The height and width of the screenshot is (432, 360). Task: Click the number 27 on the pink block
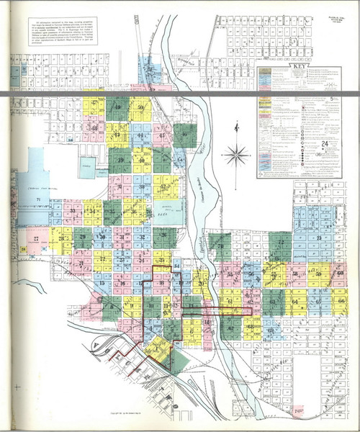tap(35, 238)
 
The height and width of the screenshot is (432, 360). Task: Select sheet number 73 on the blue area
tap(318, 238)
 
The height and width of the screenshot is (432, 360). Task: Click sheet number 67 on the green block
tap(229, 329)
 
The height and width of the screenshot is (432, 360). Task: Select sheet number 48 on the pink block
tap(94, 128)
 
